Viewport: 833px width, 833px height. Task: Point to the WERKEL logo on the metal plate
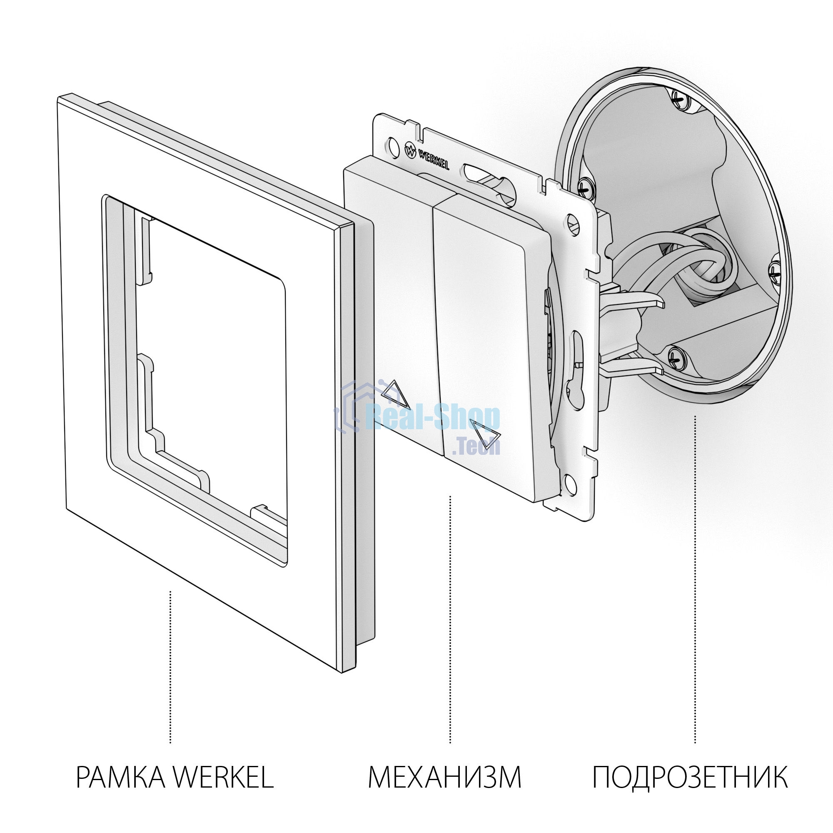pos(427,157)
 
